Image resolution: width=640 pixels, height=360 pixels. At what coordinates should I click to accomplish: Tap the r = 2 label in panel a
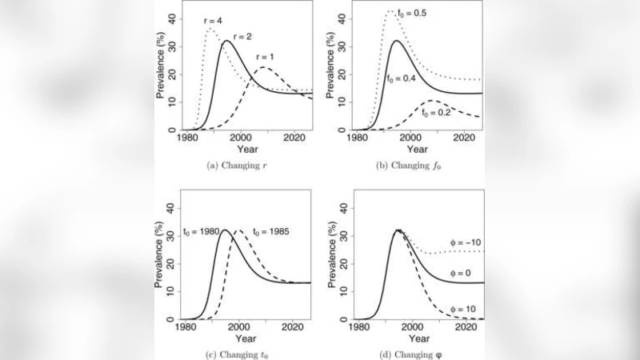(x=243, y=38)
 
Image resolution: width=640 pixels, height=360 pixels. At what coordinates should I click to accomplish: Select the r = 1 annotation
(x=268, y=57)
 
